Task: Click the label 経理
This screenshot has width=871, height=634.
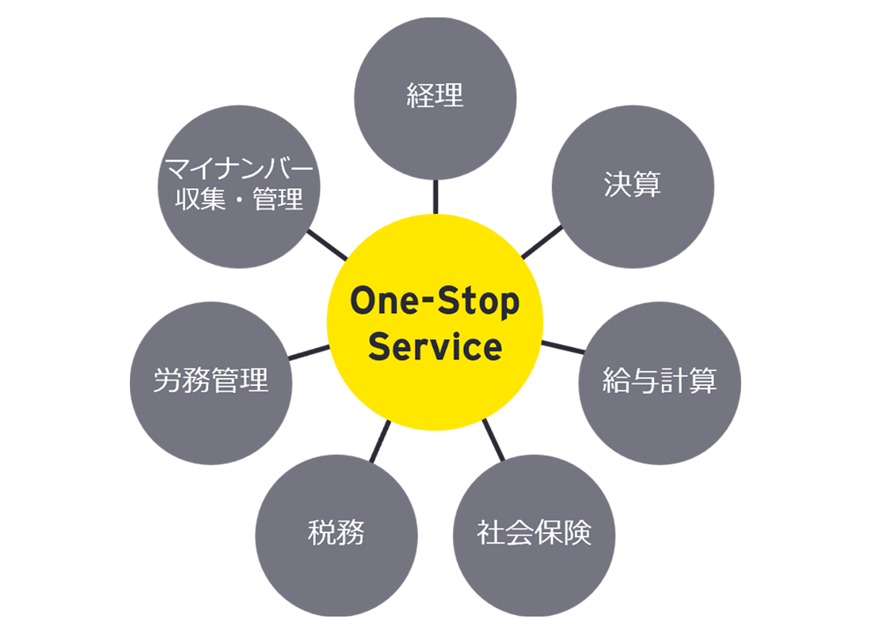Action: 435,96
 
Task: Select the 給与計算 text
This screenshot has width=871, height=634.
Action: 659,380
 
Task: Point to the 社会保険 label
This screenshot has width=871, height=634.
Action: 534,533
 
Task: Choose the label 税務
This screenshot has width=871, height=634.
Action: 336,533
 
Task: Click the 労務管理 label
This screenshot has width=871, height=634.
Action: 211,380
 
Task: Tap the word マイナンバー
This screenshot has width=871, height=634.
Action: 238,170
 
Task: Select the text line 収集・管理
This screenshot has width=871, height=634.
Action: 238,200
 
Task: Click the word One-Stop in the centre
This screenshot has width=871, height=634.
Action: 435,302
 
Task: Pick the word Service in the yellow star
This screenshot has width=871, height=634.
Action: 435,347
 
